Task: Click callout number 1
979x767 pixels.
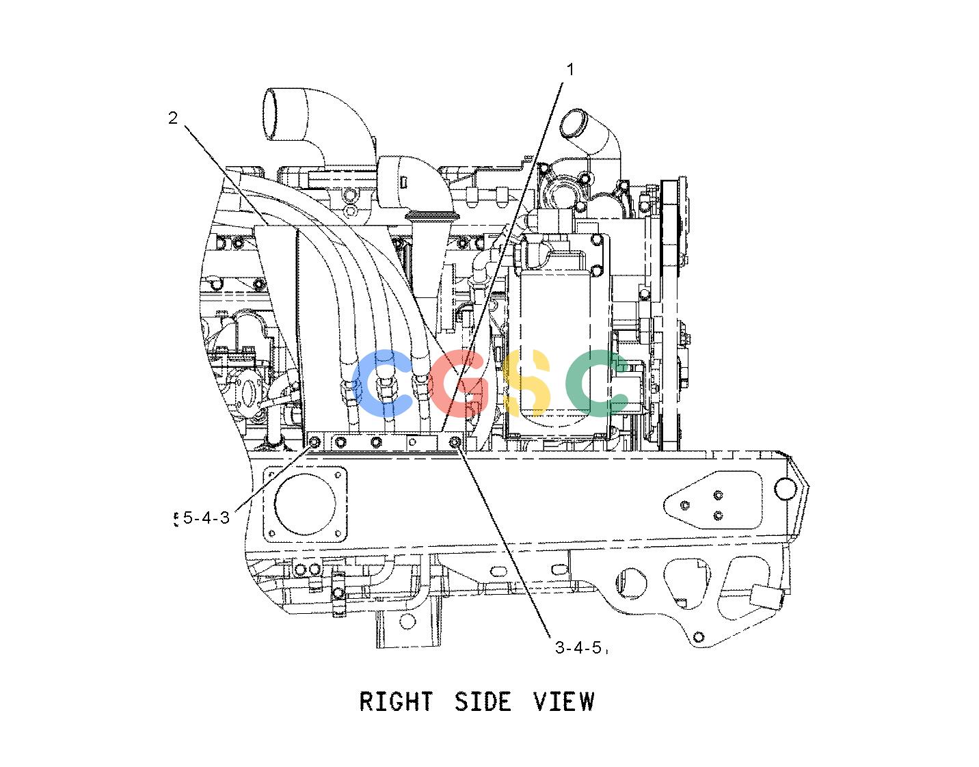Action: (x=570, y=70)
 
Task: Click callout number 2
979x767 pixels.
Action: (x=173, y=118)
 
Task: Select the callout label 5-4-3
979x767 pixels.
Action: (x=206, y=518)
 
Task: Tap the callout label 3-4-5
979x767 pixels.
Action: (x=578, y=647)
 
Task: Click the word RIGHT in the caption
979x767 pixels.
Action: (x=396, y=701)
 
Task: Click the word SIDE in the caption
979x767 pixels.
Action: (x=483, y=701)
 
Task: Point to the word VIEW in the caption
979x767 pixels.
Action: (x=564, y=701)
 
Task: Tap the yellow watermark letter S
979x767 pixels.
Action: (x=526, y=383)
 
